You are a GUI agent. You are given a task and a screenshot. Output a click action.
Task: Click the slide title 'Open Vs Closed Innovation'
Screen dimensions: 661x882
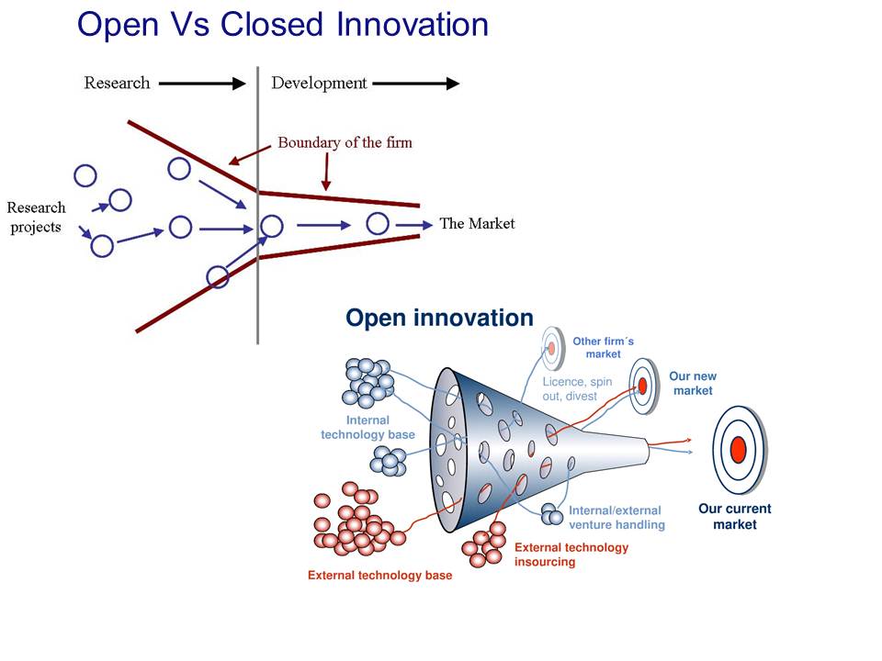click(x=283, y=25)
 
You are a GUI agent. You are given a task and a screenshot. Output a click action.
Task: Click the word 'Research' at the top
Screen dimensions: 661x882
click(x=117, y=84)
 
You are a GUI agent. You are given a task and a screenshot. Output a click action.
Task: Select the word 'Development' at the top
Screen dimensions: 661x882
click(x=319, y=84)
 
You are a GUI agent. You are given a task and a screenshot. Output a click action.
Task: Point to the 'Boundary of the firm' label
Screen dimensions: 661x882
click(x=345, y=142)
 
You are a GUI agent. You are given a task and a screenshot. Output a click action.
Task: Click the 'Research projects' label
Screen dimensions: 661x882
click(x=36, y=217)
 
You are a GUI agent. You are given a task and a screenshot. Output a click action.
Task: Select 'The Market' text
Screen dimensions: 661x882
click(x=477, y=223)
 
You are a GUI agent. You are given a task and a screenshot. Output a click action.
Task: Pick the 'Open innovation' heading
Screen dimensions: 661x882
click(x=439, y=318)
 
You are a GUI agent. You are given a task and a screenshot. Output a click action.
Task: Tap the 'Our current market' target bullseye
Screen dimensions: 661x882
click(x=737, y=449)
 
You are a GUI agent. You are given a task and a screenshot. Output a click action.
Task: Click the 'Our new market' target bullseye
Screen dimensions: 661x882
click(x=643, y=385)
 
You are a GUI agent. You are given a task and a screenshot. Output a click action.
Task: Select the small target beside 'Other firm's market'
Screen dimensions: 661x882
click(x=551, y=348)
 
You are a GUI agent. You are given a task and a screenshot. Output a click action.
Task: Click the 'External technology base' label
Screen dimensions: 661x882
click(x=379, y=576)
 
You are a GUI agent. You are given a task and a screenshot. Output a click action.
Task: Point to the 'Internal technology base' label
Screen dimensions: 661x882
click(x=367, y=428)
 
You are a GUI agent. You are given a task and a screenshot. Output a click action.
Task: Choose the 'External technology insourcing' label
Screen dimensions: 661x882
click(x=571, y=554)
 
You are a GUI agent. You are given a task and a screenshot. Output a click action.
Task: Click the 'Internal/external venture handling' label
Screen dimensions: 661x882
click(x=616, y=518)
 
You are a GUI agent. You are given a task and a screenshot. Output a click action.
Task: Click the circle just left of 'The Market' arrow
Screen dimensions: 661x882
click(x=378, y=223)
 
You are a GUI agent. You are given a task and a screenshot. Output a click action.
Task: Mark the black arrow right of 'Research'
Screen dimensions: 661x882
click(x=202, y=84)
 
